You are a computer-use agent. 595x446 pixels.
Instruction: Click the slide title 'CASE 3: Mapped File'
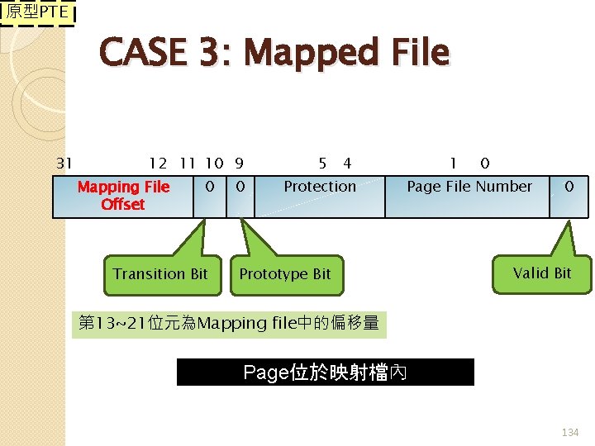coord(274,53)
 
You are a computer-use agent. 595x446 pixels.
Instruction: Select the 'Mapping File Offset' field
coord(123,196)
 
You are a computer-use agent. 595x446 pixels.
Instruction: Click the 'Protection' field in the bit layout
coord(320,187)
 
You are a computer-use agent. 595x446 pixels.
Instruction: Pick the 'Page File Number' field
coord(469,187)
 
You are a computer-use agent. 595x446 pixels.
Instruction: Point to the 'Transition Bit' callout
coord(160,274)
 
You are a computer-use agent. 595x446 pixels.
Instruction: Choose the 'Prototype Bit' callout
coord(285,274)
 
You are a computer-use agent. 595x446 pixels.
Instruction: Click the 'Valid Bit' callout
coord(541,273)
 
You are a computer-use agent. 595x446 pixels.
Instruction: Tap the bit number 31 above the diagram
coord(64,164)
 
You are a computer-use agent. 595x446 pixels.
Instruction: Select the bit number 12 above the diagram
coord(158,164)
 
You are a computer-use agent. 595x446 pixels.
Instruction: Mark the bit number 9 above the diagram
coord(238,164)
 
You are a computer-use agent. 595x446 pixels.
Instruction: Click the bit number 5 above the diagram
coord(322,164)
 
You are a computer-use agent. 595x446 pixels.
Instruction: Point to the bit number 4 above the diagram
coord(347,164)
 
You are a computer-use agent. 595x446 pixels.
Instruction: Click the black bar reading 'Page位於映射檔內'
coord(326,372)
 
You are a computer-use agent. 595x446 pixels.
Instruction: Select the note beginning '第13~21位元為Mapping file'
coord(229,323)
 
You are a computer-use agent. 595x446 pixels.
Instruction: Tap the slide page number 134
coord(570,433)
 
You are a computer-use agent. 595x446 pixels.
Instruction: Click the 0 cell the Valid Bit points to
coord(569,187)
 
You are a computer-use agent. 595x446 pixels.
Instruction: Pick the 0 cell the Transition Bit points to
coord(210,187)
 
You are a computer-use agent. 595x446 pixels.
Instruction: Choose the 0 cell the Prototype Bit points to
coord(240,187)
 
